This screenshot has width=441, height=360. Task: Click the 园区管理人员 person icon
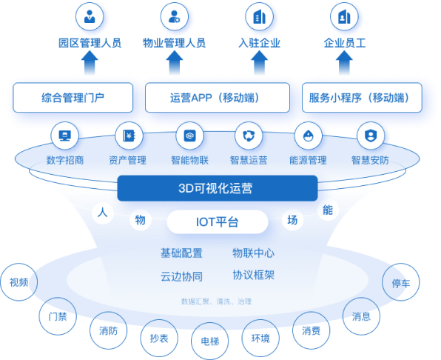[90, 16]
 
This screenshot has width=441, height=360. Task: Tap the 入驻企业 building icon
[259, 16]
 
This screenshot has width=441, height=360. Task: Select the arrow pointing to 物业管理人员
[175, 62]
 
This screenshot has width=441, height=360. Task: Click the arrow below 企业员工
[344, 62]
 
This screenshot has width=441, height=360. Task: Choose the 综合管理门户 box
[73, 97]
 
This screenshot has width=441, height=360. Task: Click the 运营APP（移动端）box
[218, 97]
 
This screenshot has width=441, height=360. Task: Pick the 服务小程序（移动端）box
[362, 97]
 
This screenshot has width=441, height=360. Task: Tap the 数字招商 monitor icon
[64, 136]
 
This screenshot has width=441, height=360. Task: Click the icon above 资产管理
[129, 136]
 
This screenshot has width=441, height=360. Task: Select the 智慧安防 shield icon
[371, 136]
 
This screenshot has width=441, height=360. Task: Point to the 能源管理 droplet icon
[309, 136]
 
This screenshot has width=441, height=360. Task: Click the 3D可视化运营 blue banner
[218, 188]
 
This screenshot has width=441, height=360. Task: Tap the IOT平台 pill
[218, 221]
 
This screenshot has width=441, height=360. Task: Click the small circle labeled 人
[103, 213]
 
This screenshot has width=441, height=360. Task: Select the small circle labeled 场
[292, 220]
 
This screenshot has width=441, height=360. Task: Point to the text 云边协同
[182, 276]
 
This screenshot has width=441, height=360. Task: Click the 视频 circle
[18, 282]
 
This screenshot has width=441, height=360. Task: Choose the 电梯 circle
[210, 341]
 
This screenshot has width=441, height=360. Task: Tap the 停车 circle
[401, 282]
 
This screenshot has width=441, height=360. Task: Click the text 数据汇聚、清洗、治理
[216, 301]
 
